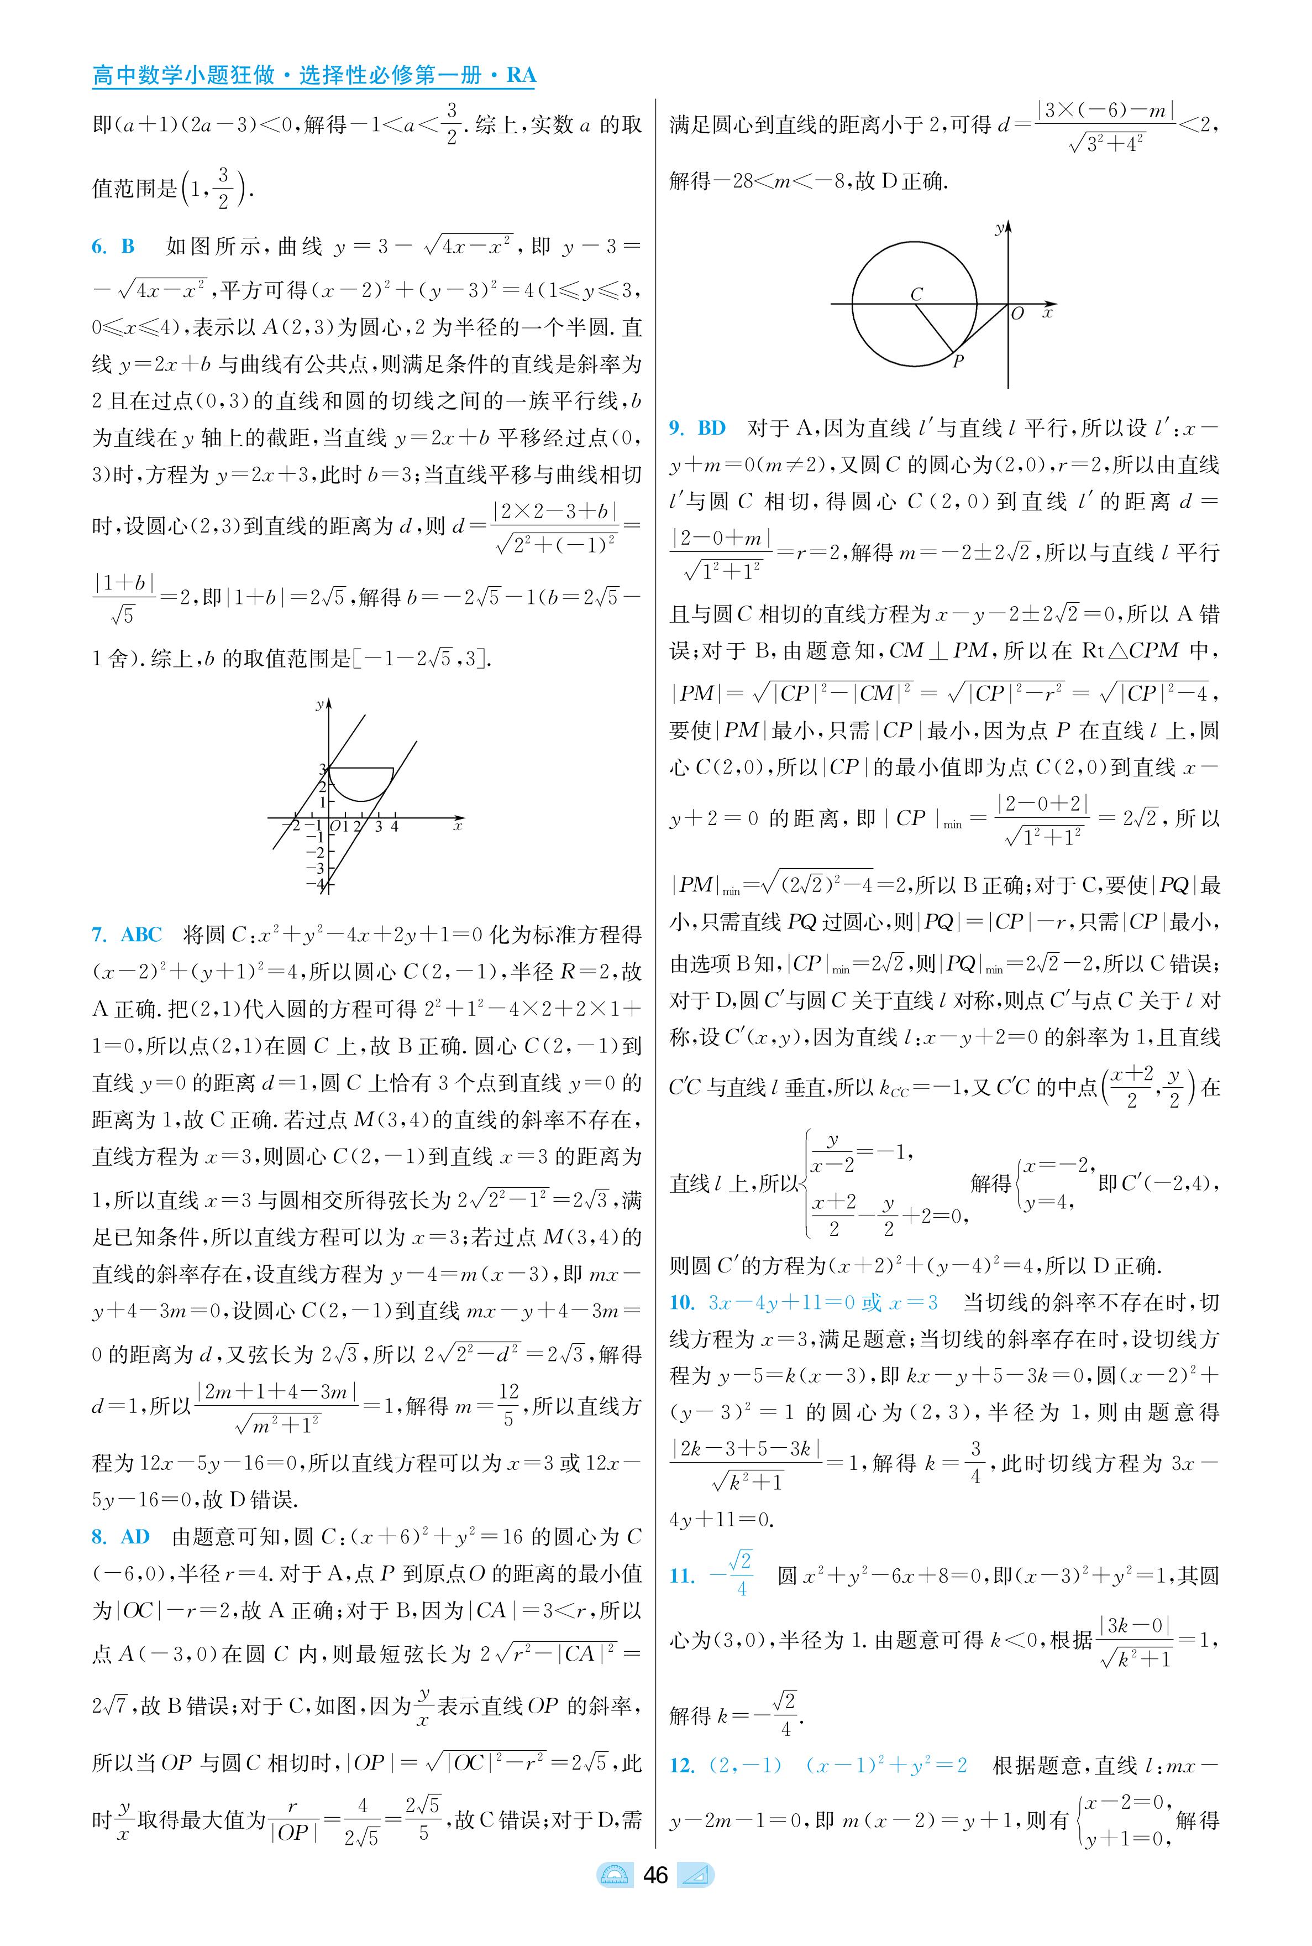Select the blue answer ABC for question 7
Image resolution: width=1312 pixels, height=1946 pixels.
141,935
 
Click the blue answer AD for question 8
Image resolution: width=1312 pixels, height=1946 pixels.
135,1537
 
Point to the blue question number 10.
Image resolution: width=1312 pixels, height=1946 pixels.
682,1302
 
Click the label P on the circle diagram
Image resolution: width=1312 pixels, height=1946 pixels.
959,362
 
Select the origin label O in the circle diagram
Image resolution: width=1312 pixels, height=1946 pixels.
1017,315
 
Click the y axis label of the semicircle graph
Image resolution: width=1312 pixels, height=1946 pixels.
319,705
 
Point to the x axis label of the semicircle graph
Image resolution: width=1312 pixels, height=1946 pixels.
458,826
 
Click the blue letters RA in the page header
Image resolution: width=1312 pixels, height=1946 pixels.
521,75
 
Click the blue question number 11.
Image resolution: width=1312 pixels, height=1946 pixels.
682,1576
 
